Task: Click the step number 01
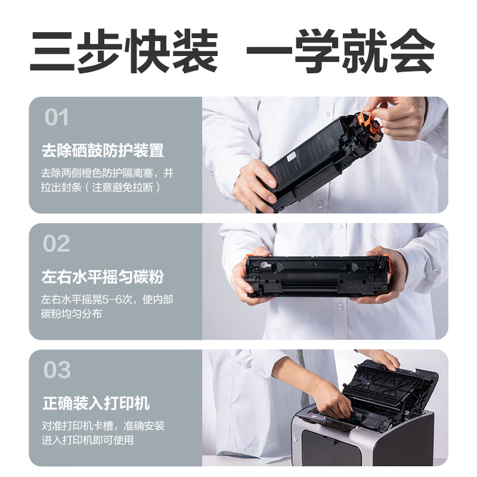point(56,117)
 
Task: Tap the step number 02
point(56,243)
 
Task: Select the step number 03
point(57,370)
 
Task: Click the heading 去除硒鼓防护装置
point(103,150)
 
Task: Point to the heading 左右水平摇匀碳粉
point(103,277)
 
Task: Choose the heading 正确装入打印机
point(96,403)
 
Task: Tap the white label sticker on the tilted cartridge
point(292,156)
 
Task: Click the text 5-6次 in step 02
point(117,300)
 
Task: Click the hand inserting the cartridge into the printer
point(332,398)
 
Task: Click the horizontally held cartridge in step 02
point(318,276)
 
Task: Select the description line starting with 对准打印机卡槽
point(103,426)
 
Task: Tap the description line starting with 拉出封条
point(101,187)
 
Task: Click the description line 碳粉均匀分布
point(72,314)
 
